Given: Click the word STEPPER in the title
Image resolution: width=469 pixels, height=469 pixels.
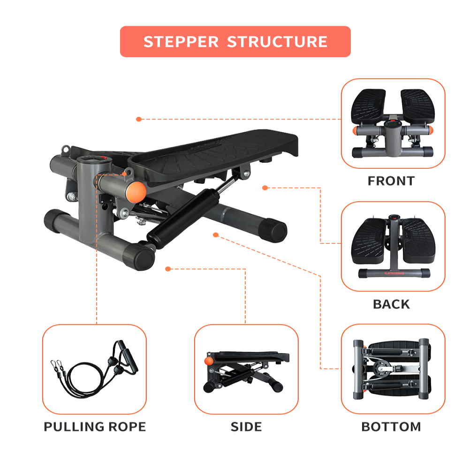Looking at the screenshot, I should point(181,42).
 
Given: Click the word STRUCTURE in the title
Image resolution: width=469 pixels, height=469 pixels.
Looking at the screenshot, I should point(277,42).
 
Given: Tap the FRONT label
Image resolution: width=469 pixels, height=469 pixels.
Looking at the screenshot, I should point(391,181).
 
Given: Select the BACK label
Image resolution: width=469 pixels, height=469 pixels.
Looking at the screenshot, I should point(391,304).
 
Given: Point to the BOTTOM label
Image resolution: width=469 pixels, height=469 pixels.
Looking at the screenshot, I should point(391,427).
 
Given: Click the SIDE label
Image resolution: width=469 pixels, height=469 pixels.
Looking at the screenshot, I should point(246,427).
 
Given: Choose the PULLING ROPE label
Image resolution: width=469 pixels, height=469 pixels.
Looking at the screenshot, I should point(95,427).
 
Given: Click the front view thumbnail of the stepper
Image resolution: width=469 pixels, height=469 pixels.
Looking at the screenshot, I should point(393,123).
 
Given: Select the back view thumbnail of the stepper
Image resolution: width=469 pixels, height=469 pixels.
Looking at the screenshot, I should point(393,246).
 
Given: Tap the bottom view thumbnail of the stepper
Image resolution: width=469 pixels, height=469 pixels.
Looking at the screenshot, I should point(393,369).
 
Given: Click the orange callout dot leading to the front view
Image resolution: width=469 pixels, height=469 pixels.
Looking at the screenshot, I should point(139,119).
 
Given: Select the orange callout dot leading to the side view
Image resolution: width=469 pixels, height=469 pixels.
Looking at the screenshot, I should point(168,269).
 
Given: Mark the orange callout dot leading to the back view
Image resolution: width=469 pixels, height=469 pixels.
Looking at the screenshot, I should point(265,188).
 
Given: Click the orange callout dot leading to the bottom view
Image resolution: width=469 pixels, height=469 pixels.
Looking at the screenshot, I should point(216,234).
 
